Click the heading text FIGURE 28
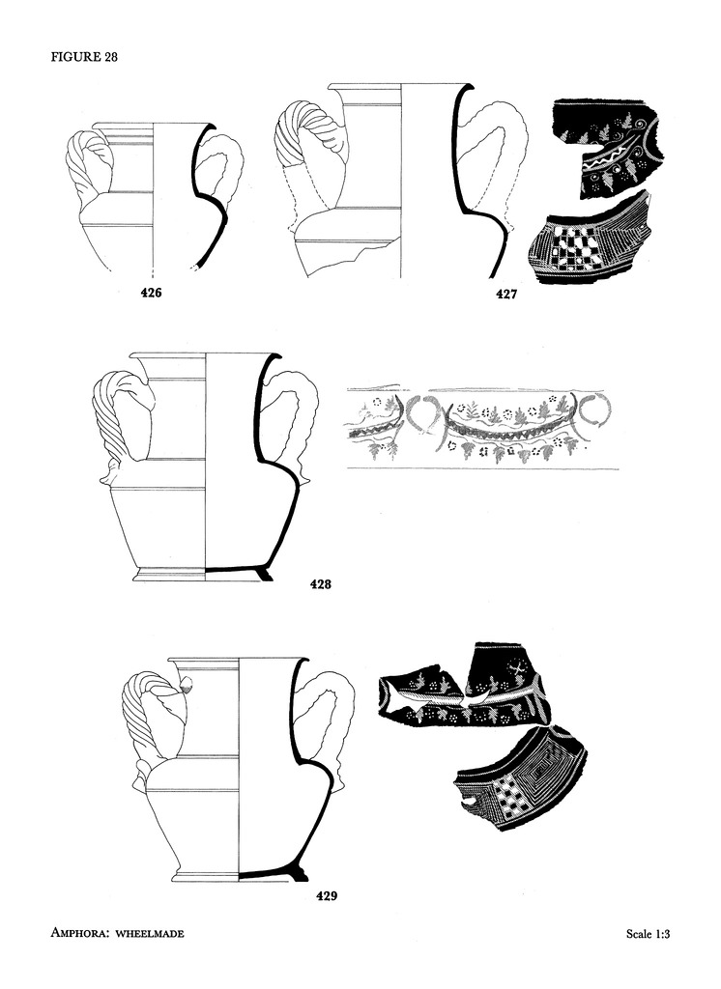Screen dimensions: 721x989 [84, 57]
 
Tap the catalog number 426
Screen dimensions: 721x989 [151, 292]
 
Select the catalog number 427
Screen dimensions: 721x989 [506, 294]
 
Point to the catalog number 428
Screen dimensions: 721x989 [321, 583]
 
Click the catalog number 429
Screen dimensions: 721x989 [327, 895]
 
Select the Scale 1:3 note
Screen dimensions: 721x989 [648, 934]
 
